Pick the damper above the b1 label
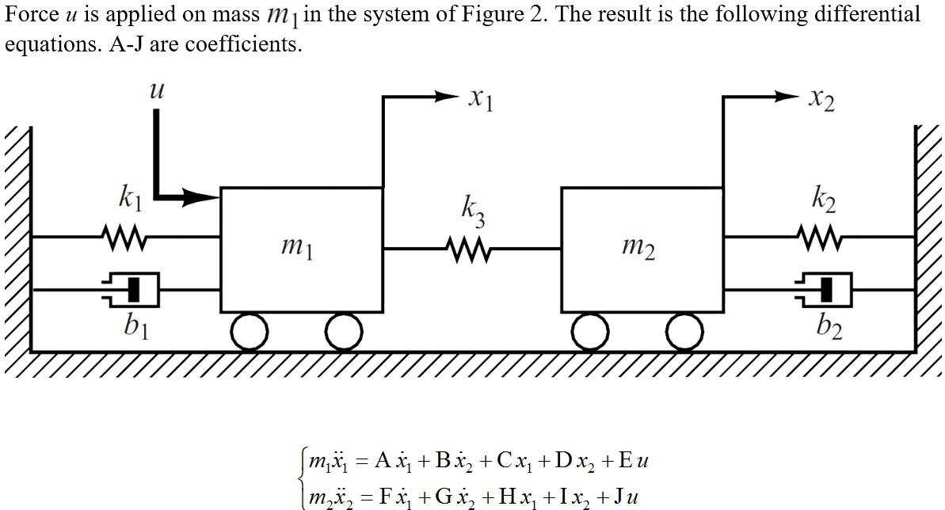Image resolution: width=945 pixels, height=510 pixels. point(131,289)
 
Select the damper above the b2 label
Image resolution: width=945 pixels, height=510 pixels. point(825,290)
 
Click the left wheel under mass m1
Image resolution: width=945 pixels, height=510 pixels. point(250,332)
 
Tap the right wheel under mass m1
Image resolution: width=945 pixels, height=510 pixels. point(344,332)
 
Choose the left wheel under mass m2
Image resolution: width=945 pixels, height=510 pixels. point(591,332)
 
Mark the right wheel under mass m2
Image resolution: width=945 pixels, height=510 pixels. point(684,332)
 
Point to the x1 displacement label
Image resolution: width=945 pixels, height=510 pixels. point(481,99)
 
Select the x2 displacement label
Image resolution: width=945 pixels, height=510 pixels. point(821,99)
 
